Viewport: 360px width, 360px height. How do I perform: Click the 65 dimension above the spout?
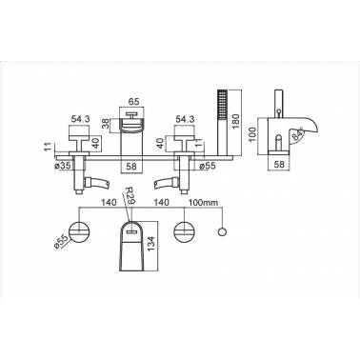click(x=133, y=102)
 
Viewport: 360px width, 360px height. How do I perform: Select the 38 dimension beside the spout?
click(x=106, y=123)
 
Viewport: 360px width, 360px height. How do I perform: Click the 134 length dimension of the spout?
click(x=151, y=244)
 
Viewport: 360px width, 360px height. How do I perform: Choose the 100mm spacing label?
click(x=204, y=202)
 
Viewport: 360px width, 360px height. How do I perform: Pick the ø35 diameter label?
click(x=64, y=166)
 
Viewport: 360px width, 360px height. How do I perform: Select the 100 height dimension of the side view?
click(x=252, y=135)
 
